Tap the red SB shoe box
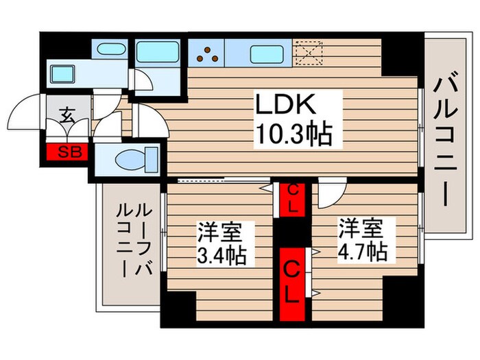[67, 151]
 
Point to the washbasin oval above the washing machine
[110, 50]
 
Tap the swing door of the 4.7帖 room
[331, 195]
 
